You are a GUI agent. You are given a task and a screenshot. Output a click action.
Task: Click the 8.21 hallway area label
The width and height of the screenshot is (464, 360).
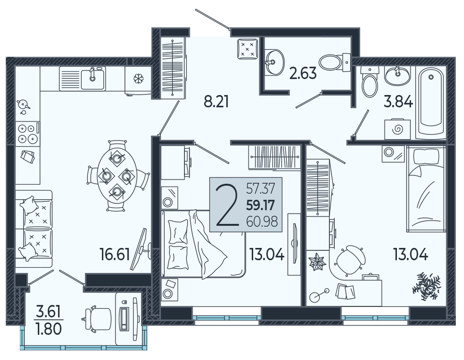point(216,102)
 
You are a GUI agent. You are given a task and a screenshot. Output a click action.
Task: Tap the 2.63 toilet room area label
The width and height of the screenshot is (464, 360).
point(303,73)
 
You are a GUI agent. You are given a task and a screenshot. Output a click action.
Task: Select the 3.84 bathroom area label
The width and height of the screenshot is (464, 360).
point(398,102)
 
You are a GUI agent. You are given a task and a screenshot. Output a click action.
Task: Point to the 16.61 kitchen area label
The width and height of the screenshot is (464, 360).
point(115,255)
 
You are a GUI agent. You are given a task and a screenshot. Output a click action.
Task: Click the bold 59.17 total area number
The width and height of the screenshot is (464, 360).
point(261,205)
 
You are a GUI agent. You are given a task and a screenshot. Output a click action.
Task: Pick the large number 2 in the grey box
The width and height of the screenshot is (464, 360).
point(227,204)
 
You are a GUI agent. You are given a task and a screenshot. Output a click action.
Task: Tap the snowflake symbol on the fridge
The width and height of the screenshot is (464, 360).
point(138,79)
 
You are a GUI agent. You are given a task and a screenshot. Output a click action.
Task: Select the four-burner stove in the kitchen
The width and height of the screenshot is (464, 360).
point(27,133)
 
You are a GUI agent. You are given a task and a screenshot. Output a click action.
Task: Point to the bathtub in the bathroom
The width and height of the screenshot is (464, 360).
point(431,102)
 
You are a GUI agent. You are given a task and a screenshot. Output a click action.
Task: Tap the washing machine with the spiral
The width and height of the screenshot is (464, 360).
point(397,130)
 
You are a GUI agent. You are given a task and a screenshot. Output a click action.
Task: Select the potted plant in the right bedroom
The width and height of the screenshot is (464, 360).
point(426,287)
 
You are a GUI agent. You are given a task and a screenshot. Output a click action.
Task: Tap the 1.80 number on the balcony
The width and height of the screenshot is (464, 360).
point(49,329)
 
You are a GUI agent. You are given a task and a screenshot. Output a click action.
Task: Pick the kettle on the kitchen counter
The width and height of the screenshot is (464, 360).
point(23,104)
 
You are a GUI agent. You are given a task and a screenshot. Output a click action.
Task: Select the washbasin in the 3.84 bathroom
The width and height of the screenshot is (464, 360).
point(397,75)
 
